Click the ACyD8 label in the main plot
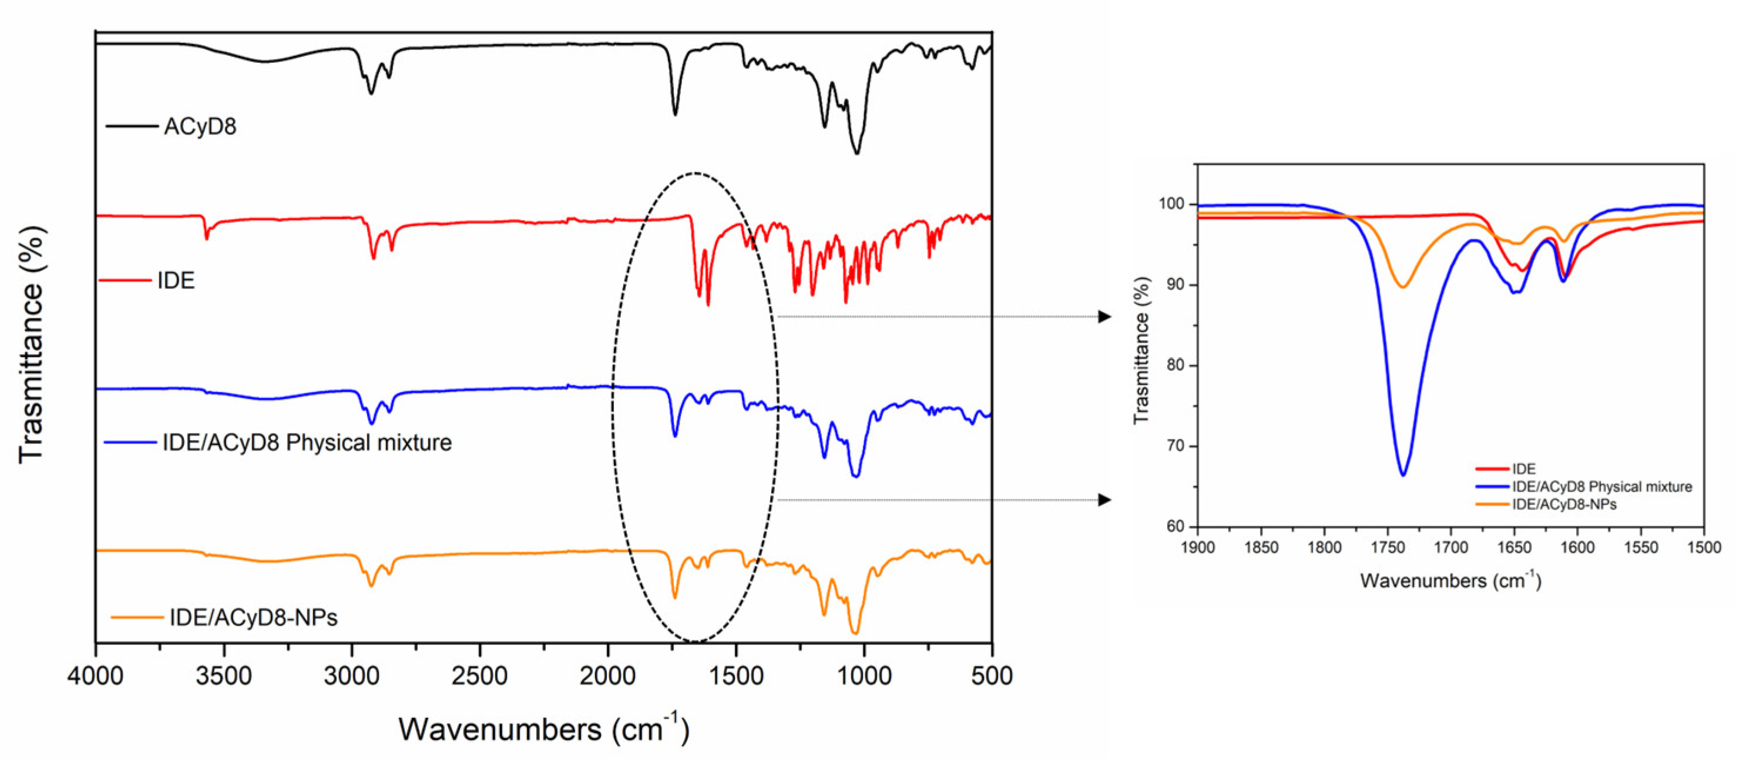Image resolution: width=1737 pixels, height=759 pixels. (x=200, y=127)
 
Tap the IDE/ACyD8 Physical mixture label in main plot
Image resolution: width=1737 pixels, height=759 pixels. (x=307, y=443)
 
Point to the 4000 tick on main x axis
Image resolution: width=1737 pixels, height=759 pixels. (x=95, y=676)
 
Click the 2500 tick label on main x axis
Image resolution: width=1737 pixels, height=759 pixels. (x=479, y=676)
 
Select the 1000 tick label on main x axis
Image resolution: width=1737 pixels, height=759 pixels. (x=863, y=676)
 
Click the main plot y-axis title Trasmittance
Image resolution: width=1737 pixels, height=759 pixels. (x=31, y=344)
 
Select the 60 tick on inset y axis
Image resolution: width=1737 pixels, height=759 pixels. (x=1176, y=526)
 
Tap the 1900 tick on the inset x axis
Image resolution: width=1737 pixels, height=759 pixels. (x=1198, y=547)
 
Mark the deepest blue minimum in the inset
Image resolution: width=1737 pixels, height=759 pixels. (x=1403, y=475)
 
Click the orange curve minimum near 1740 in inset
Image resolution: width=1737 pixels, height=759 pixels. (x=1403, y=287)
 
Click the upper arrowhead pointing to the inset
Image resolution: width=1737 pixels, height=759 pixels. (x=1104, y=316)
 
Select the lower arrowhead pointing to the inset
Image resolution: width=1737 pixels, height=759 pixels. (x=1104, y=500)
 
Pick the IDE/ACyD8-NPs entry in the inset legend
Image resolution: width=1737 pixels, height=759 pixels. (x=1564, y=504)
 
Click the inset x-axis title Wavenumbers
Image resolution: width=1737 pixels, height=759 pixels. (x=1450, y=581)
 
